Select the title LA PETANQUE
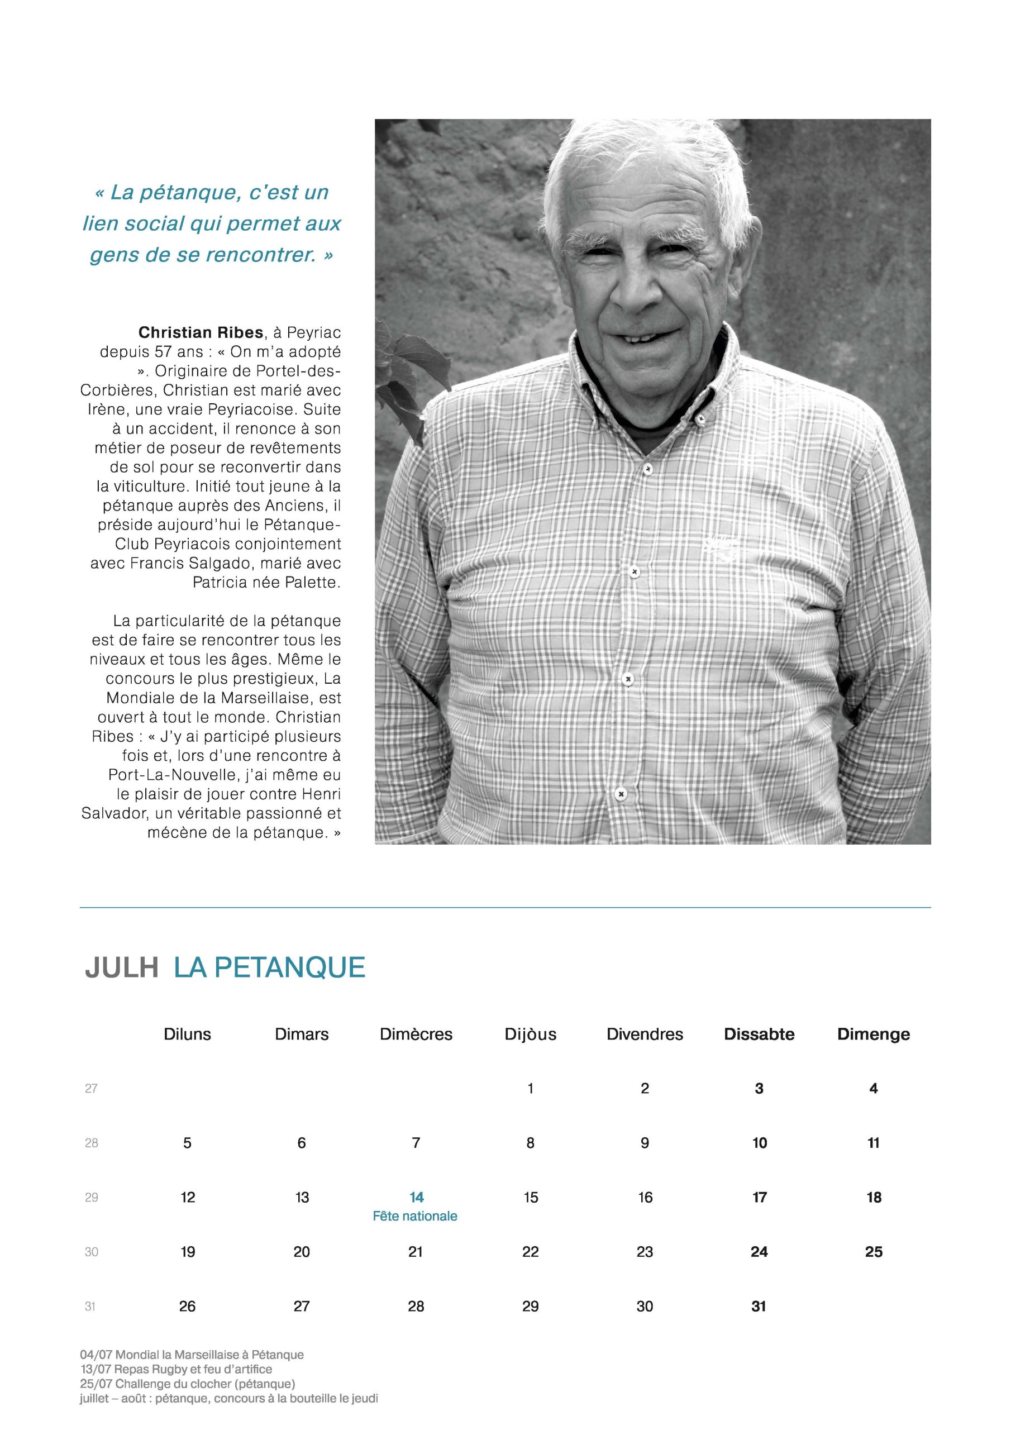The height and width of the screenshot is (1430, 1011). [269, 968]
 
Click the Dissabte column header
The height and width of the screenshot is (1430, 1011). [759, 1035]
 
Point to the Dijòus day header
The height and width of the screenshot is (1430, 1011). [530, 1035]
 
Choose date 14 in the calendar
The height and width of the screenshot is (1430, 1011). [416, 1198]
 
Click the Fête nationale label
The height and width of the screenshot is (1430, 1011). [415, 1217]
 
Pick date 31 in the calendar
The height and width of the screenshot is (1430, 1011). [759, 1306]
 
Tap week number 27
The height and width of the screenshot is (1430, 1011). [91, 1089]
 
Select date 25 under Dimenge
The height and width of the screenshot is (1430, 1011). [874, 1252]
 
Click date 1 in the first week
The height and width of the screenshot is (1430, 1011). [530, 1089]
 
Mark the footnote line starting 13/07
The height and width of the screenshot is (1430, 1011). [177, 1370]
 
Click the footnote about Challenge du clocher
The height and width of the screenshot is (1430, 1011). [188, 1384]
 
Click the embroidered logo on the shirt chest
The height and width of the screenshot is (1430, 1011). [721, 546]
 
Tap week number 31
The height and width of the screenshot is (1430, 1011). [91, 1307]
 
